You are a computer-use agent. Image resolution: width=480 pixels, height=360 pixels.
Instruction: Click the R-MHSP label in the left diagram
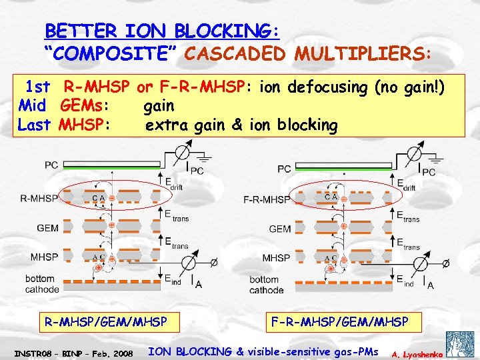pos(39,198)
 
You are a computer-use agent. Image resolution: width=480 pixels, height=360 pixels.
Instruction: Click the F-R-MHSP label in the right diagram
pos(267,199)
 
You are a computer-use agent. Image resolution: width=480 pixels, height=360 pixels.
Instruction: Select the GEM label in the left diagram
pos(48,228)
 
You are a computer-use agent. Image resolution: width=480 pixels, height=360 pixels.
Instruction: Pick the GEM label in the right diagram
pos(280,229)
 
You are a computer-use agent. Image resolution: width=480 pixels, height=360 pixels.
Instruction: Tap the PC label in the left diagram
pos(52,164)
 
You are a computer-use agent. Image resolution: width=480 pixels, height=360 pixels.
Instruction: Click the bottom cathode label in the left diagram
pos(42,283)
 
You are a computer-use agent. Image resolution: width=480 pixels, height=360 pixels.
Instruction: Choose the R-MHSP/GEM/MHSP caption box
pos(105,322)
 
